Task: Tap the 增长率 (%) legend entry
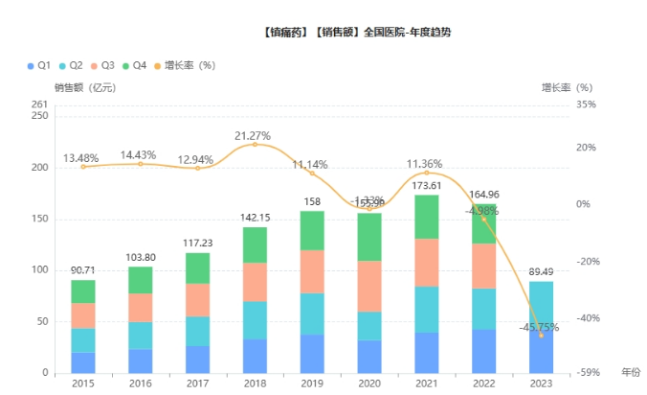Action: click(x=183, y=65)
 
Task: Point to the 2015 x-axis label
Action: click(x=83, y=384)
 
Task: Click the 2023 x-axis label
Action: click(x=541, y=384)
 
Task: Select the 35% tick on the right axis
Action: click(x=587, y=105)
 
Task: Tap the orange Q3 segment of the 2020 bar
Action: click(x=369, y=286)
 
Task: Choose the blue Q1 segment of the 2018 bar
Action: click(x=255, y=356)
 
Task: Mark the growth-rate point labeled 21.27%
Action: click(x=255, y=145)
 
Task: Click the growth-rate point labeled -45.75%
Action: click(x=541, y=336)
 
